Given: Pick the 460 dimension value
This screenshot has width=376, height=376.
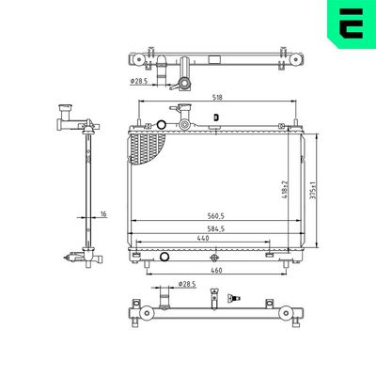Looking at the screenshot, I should tap(218, 272).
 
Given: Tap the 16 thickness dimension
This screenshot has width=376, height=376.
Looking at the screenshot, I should tap(104, 214).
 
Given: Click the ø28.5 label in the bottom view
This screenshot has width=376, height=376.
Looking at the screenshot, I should tap(186, 283).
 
